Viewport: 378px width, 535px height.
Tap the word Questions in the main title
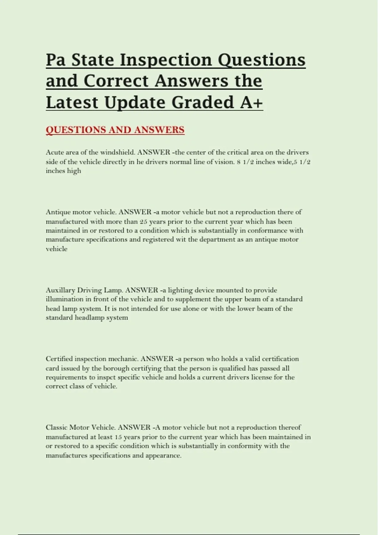261,60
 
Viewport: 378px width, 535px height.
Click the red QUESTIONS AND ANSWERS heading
115,130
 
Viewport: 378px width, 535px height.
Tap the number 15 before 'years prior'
118,437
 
